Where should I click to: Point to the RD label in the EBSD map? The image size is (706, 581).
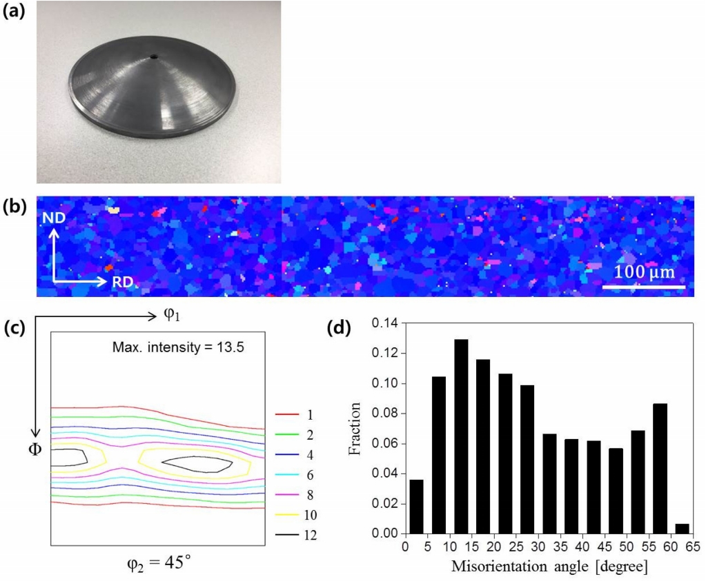click(121, 282)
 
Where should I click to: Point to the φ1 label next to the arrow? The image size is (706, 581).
click(173, 316)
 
